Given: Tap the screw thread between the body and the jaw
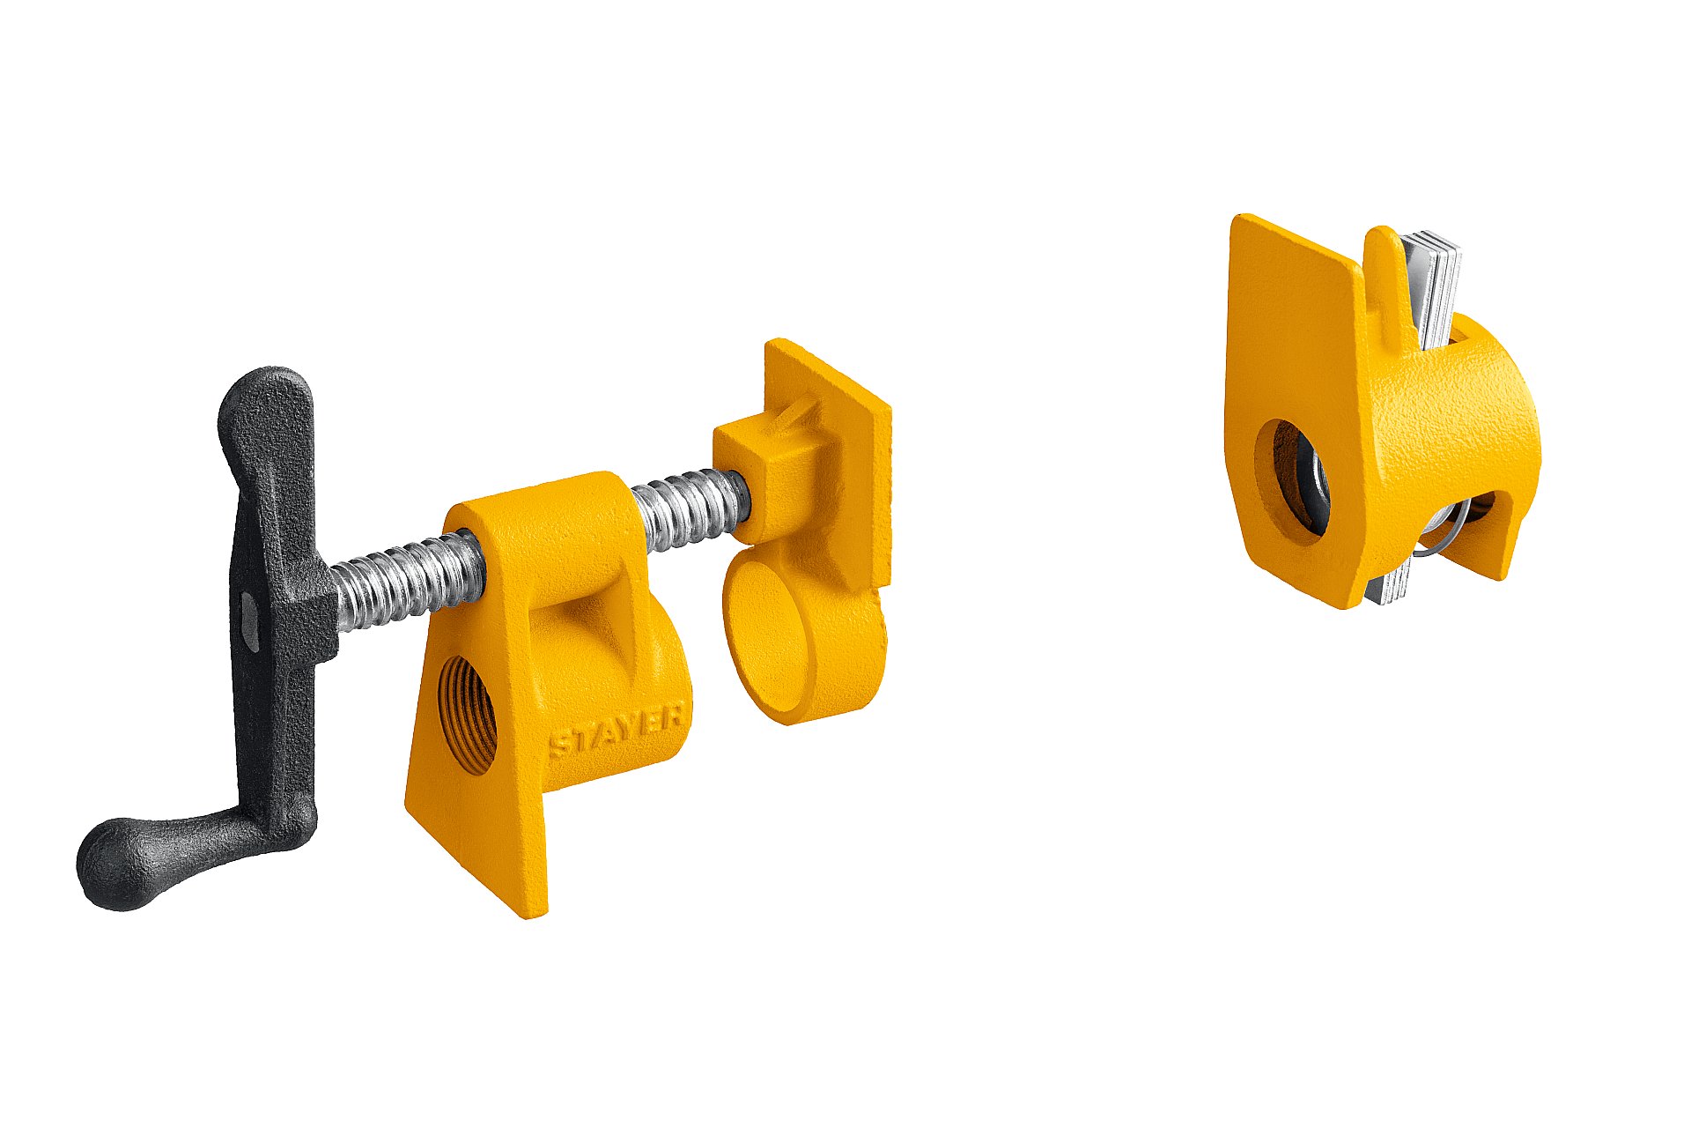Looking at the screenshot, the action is point(692,508).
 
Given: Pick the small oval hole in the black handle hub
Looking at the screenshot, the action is point(250,622).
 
